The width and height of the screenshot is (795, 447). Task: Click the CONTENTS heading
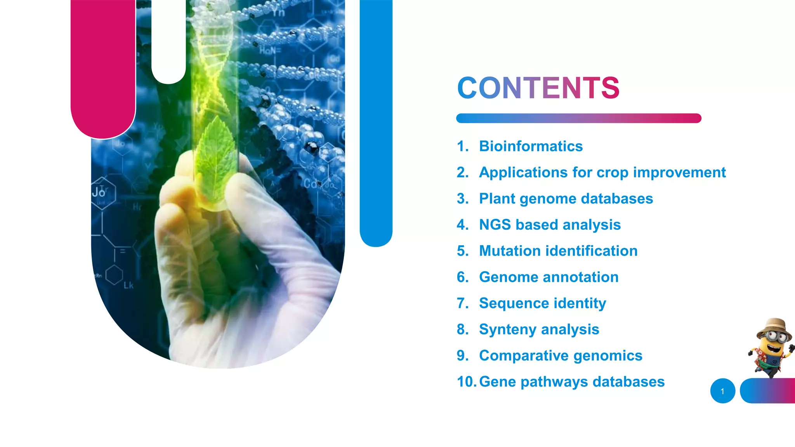coord(538,88)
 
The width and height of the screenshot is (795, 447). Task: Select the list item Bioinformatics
coord(531,146)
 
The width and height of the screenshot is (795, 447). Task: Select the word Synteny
coord(508,329)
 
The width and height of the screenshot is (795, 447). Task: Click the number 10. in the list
coord(467,382)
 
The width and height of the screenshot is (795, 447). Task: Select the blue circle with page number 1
coord(722,391)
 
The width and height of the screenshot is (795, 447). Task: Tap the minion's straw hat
coord(774,327)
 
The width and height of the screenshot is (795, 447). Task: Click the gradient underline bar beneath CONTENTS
coord(578,118)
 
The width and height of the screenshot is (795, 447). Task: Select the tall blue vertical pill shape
coord(376,120)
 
